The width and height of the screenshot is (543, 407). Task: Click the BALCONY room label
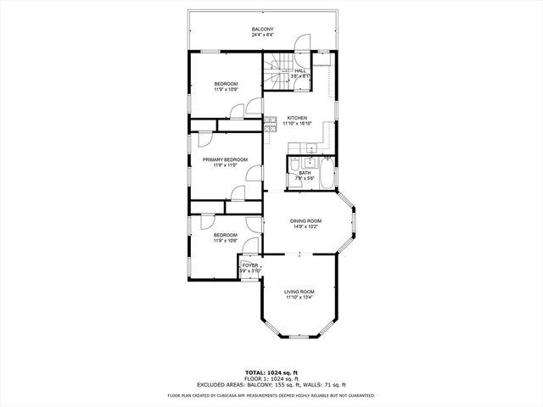pyautogui.click(x=262, y=30)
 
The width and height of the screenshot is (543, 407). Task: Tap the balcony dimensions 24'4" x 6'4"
pyautogui.click(x=262, y=36)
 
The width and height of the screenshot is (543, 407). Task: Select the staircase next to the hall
pyautogui.click(x=277, y=70)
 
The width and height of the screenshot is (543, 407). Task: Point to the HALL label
pyautogui.click(x=300, y=70)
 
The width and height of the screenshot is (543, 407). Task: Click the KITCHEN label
pyautogui.click(x=297, y=118)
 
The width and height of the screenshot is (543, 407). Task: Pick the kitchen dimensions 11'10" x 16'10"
pyautogui.click(x=297, y=124)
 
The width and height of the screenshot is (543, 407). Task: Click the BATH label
pyautogui.click(x=304, y=173)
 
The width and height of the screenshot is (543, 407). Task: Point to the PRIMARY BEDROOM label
pyautogui.click(x=225, y=159)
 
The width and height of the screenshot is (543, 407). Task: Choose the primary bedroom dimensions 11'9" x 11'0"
pyautogui.click(x=225, y=165)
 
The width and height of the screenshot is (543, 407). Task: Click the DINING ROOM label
pyautogui.click(x=306, y=221)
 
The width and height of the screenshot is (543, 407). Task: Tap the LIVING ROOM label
pyautogui.click(x=299, y=292)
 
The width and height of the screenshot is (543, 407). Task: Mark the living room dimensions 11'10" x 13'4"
pyautogui.click(x=299, y=298)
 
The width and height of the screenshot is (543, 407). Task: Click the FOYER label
pyautogui.click(x=249, y=265)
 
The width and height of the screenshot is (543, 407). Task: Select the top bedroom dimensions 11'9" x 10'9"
pyautogui.click(x=225, y=89)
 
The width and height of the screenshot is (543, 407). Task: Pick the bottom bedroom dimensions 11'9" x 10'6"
pyautogui.click(x=225, y=240)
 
